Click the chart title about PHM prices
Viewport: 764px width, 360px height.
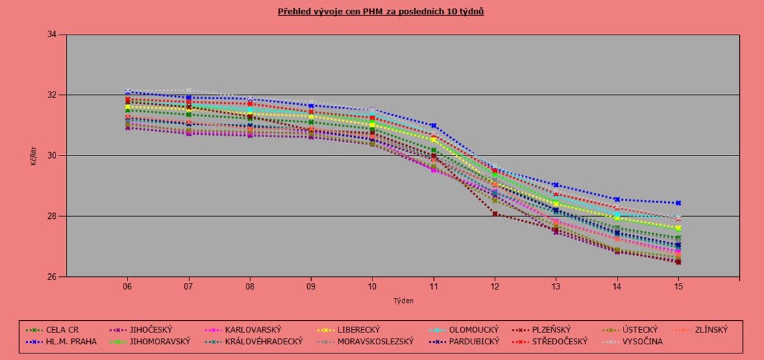[380, 11]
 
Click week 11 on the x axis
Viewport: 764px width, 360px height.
[433, 287]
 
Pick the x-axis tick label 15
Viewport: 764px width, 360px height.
[678, 287]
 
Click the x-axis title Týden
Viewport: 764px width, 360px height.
[403, 301]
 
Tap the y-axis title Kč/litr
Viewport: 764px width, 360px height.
[33, 156]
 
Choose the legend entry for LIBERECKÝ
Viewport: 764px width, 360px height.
[357, 330]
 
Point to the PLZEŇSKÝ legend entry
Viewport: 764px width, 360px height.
[551, 330]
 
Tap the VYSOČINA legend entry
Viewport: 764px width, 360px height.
[642, 341]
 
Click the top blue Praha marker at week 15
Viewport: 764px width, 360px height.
[678, 203]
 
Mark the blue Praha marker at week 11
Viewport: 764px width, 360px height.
[433, 125]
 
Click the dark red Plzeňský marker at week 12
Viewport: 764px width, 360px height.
[495, 214]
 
